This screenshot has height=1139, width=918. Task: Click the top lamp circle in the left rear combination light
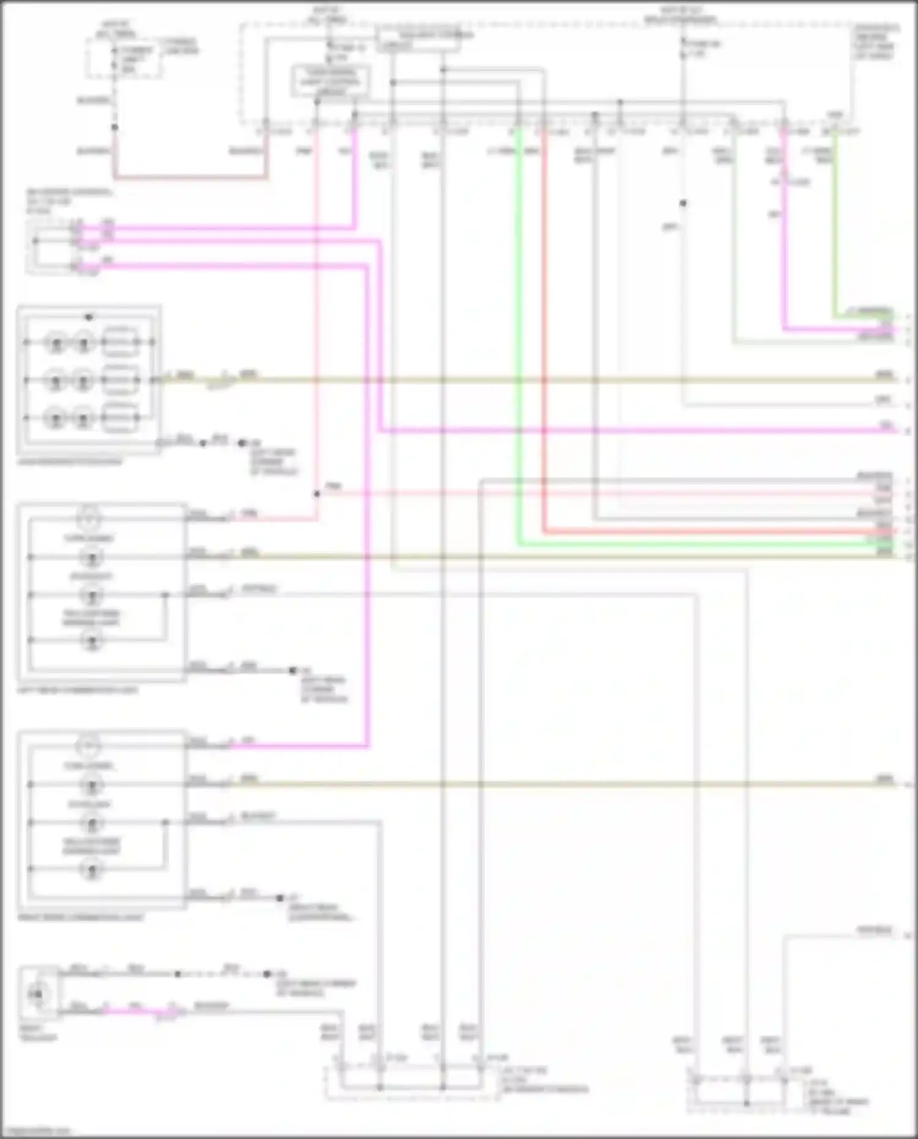pos(90,518)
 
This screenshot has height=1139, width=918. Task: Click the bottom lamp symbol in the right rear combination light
pos(91,868)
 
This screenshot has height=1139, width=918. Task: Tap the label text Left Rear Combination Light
pos(78,690)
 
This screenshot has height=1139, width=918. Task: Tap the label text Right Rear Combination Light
pos(81,917)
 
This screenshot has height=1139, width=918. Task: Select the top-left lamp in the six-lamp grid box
pos(56,342)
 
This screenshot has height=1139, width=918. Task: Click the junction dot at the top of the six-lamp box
pos(89,317)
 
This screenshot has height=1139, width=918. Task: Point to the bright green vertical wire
pos(519,337)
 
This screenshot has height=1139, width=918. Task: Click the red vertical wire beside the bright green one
pos(543,337)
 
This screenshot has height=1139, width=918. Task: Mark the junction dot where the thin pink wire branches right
pos(317,493)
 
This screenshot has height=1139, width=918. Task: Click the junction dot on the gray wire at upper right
pos(683,203)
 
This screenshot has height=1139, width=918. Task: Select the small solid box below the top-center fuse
pos(330,81)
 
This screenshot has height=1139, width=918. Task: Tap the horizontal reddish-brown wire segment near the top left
pos(190,178)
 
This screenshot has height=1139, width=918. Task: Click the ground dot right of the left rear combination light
pos(293,670)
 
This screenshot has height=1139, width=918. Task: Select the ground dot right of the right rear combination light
pos(280,898)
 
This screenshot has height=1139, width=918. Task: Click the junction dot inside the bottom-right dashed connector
pos(746,1103)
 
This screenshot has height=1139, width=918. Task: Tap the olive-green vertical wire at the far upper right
pos(835,226)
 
